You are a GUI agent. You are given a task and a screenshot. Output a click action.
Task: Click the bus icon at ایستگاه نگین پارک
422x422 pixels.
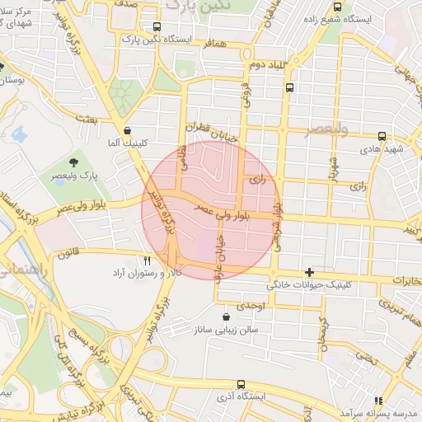point(157,27)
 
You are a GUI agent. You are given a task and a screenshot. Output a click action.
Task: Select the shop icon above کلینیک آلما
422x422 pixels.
point(126,129)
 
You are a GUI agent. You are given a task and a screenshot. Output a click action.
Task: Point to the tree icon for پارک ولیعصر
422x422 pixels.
point(74,160)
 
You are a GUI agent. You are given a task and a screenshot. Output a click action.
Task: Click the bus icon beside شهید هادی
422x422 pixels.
point(381,137)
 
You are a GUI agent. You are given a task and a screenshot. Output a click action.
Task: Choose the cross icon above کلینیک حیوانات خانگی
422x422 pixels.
point(309,272)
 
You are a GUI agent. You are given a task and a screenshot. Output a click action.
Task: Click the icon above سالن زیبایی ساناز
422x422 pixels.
point(227,316)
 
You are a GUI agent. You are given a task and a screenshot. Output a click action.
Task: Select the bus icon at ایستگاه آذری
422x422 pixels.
point(240,384)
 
